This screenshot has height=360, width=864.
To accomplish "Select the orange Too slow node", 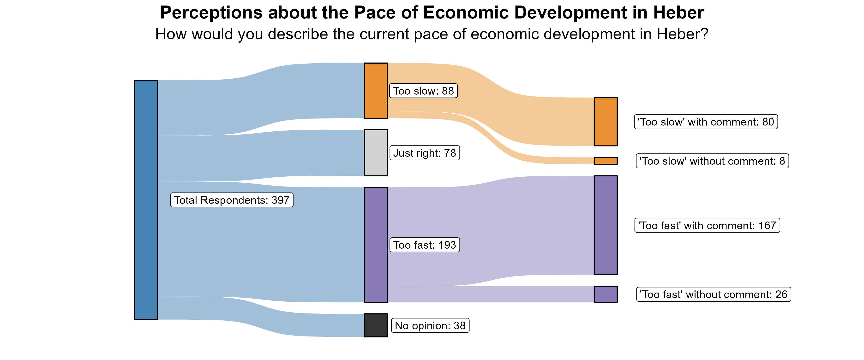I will (x=376, y=90).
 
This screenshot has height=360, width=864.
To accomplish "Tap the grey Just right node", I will (x=376, y=153).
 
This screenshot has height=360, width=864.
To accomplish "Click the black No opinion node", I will (x=376, y=325).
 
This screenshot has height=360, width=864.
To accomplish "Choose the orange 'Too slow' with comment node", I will (x=606, y=121).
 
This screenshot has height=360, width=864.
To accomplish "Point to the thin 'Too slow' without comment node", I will (x=606, y=161).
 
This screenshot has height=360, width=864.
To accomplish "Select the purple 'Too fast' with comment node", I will (x=606, y=225).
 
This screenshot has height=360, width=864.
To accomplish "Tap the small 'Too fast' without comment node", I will (x=606, y=294).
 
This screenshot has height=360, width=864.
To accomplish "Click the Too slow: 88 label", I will (x=423, y=91).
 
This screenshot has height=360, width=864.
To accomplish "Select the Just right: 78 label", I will (x=424, y=153).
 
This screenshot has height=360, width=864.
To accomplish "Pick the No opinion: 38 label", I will (x=430, y=325).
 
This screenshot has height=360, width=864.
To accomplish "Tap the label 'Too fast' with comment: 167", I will (x=707, y=225).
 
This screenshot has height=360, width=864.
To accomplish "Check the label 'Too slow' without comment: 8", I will (x=712, y=161).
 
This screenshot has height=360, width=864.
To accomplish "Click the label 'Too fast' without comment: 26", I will (x=714, y=294).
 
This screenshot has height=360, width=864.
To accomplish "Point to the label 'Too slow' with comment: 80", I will (x=706, y=122).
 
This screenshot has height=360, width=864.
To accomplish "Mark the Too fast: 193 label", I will (x=424, y=245).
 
